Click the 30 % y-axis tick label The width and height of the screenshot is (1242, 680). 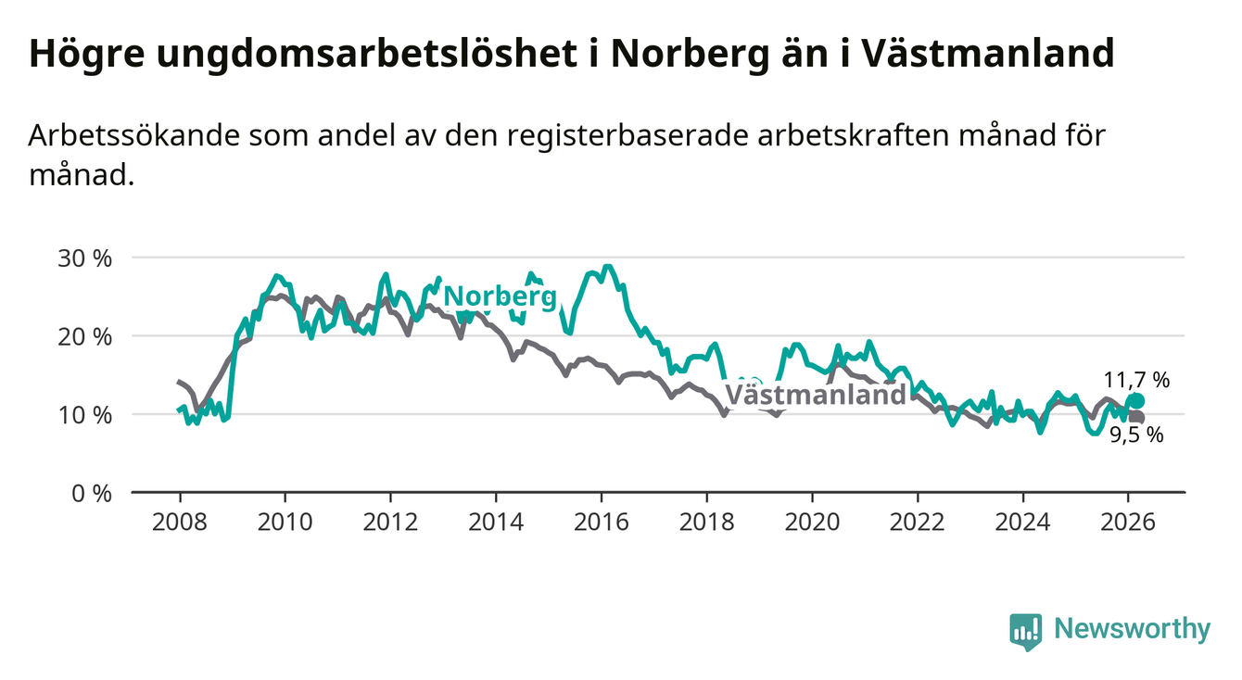84,258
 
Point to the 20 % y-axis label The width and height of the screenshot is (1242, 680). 84,336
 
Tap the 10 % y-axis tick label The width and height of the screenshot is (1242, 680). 84,414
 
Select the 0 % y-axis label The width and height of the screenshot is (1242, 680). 91,493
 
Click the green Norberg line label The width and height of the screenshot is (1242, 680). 501,297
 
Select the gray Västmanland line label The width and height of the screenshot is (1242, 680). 815,396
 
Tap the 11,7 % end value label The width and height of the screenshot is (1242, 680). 1136,379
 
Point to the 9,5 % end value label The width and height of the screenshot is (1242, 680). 1136,435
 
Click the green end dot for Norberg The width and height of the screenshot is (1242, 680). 1137,401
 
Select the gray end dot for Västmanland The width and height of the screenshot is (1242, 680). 1137,418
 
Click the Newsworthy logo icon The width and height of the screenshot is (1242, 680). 1026,631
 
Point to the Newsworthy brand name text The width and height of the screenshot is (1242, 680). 1132,630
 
